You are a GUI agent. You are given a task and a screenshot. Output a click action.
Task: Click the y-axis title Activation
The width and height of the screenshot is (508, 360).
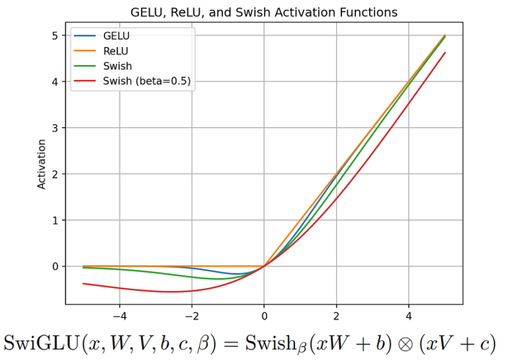click(42, 163)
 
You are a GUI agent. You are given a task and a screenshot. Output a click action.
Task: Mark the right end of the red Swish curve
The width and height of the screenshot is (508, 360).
click(445, 53)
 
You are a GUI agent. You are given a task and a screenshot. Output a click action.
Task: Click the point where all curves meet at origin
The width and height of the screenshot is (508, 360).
click(265, 266)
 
